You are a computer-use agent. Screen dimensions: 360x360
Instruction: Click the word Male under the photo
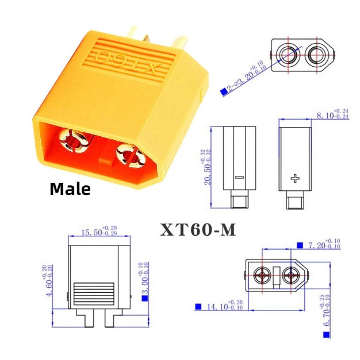[x=70, y=188]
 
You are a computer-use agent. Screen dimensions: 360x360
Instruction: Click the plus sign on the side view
[x=296, y=178]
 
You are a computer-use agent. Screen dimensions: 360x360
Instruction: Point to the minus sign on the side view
[x=239, y=178]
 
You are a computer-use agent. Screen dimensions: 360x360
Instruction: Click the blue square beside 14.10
[x=198, y=306]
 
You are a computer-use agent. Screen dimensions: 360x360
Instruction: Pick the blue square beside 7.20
[x=300, y=246]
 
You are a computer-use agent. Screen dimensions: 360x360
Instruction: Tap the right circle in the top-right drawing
[x=317, y=55]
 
